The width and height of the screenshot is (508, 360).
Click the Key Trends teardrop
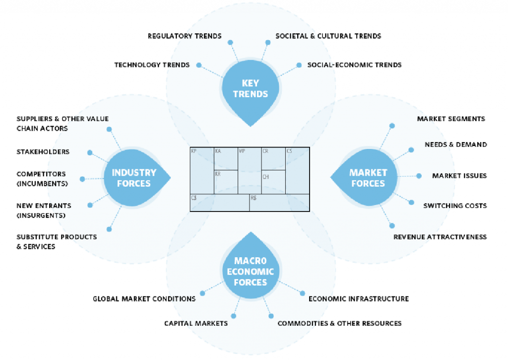pyautogui.click(x=250, y=89)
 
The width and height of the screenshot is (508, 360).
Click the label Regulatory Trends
pyautogui.click(x=185, y=36)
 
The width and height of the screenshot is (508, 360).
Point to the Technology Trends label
pyautogui.click(x=152, y=65)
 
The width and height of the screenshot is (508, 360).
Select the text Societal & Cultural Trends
pyautogui.click(x=328, y=36)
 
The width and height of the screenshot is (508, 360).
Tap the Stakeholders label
pyautogui.click(x=43, y=151)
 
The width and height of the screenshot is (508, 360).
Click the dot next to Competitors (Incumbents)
pyautogui.click(x=82, y=179)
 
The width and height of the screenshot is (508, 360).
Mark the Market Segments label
pyautogui.click(x=451, y=119)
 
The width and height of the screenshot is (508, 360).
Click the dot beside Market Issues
pyautogui.click(x=419, y=176)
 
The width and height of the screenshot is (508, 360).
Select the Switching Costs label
pyautogui.click(x=455, y=206)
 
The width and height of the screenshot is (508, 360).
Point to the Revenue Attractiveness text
pyautogui.click(x=440, y=237)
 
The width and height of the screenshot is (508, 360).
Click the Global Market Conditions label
pyautogui.click(x=144, y=299)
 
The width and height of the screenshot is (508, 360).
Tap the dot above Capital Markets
pyautogui.click(x=234, y=315)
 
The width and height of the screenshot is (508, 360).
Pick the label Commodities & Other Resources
pyautogui.click(x=339, y=323)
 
